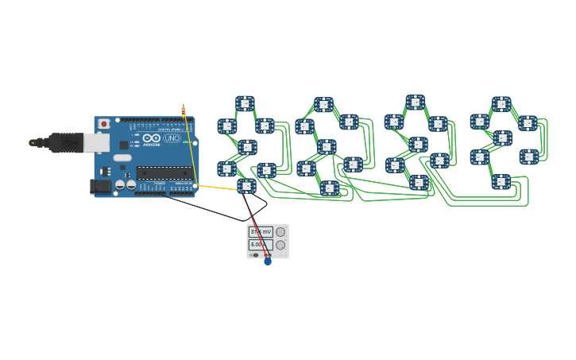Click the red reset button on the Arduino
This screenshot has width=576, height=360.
103,124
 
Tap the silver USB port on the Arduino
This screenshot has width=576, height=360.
96,142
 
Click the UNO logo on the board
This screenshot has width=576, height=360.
172,138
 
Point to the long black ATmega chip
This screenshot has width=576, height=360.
163,172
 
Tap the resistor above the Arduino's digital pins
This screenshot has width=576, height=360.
184,111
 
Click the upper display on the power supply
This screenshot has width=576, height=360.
261,232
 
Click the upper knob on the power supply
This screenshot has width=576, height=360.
280,232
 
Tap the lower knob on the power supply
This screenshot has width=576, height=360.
280,245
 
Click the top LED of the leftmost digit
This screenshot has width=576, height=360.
245,103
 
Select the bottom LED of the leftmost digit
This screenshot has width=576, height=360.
246,186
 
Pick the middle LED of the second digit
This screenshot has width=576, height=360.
327,147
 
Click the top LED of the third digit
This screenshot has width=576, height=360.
416,103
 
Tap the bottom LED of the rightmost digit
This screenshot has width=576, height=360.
501,182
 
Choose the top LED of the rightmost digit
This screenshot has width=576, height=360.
501,104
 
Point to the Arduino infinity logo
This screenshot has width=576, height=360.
153,138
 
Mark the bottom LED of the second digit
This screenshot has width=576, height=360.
329,188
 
